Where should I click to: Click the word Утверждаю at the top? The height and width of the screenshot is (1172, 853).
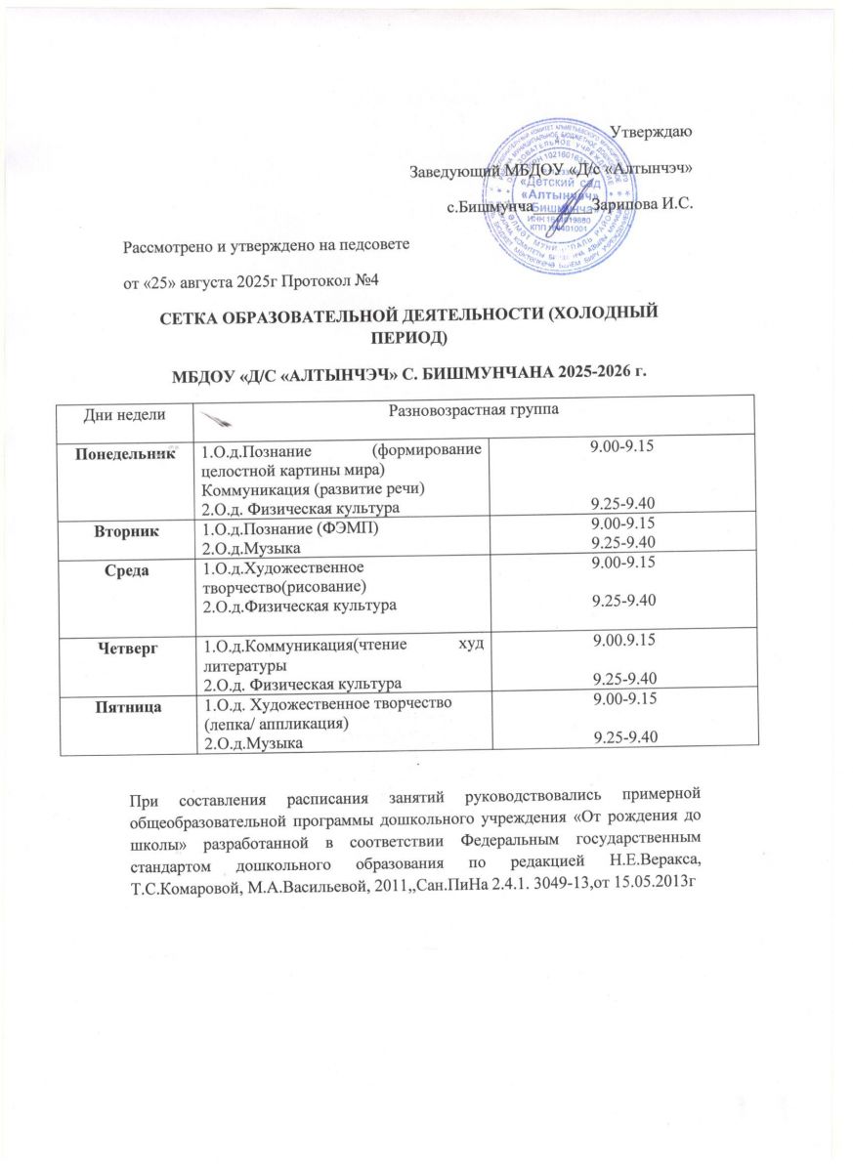652,132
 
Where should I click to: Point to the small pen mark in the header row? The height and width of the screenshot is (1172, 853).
218,417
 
